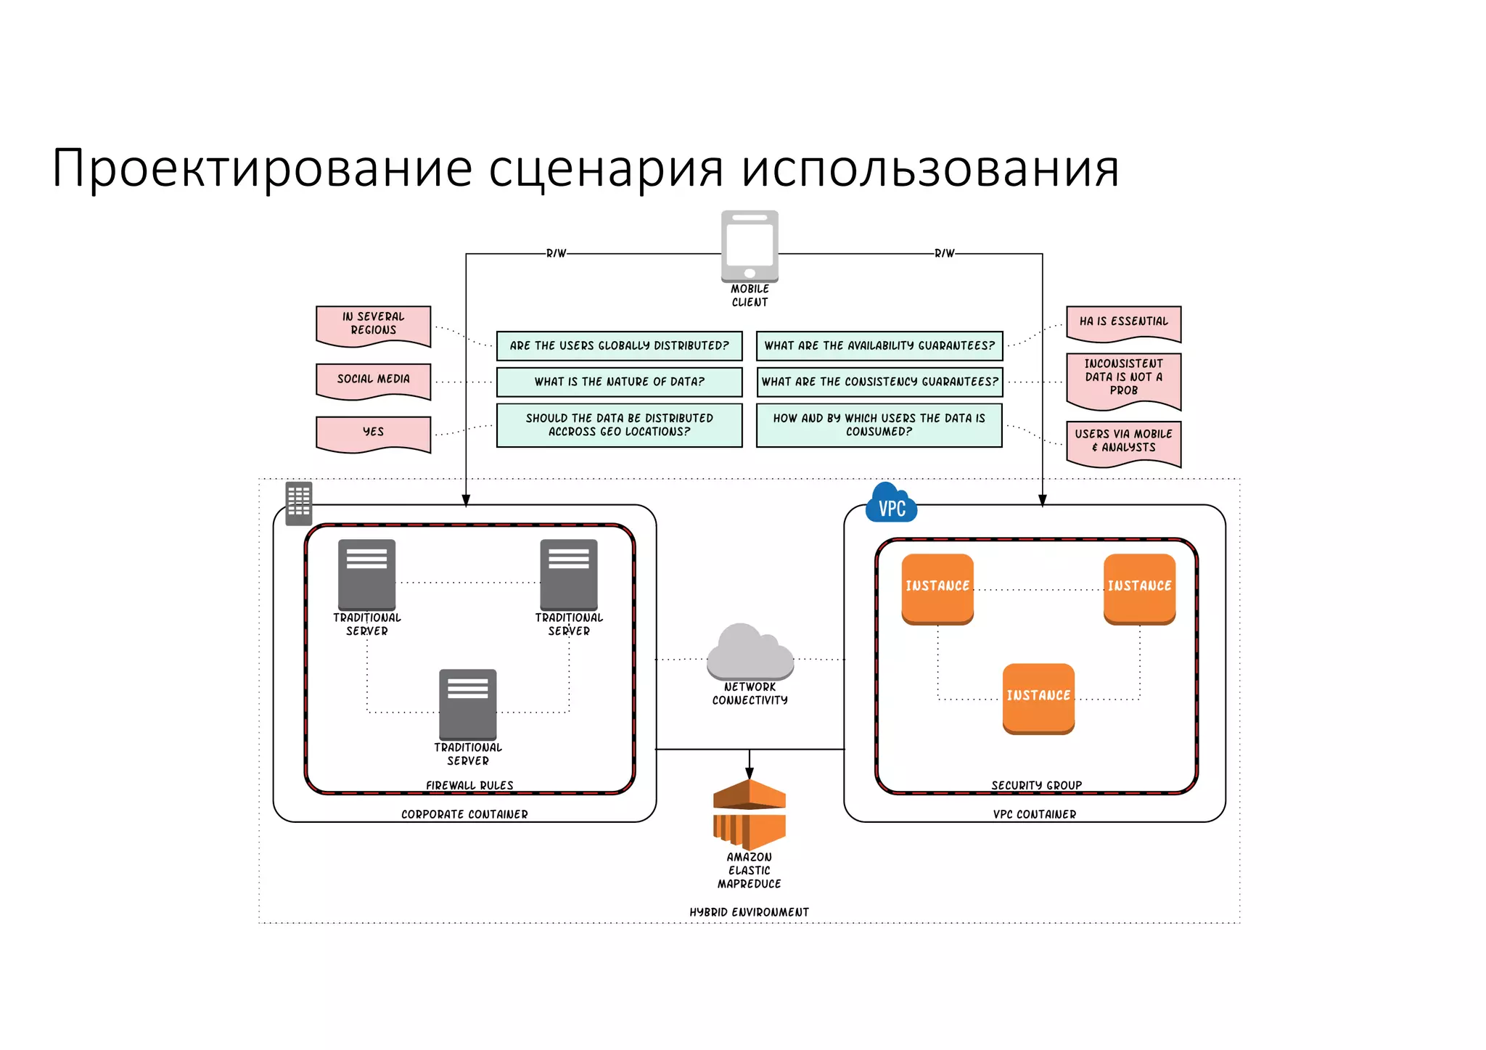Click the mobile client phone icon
750,246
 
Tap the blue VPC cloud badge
891,503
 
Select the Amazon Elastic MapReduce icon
750,814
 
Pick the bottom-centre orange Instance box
1038,697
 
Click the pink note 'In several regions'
373,324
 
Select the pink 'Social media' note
373,380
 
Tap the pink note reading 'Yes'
373,432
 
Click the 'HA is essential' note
1123,322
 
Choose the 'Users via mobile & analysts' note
1123,441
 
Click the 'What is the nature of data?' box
619,382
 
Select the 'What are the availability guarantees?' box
879,346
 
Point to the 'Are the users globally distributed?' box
619,346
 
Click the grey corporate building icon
298,503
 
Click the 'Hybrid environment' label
749,912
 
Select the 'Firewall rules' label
469,785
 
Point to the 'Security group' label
1036,785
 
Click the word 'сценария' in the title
606,169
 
